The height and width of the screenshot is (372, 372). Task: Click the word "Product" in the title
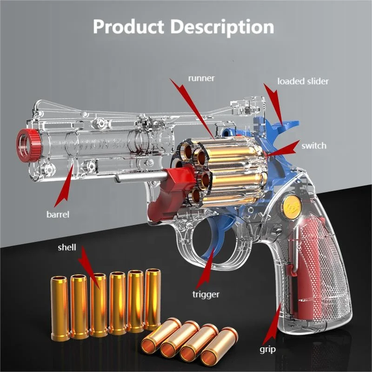click(x=127, y=26)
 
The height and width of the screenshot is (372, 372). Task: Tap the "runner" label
click(x=201, y=78)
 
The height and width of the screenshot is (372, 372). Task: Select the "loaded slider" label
click(x=303, y=81)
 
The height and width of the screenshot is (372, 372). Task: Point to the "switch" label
click(x=313, y=146)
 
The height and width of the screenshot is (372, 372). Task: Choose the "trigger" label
click(x=206, y=293)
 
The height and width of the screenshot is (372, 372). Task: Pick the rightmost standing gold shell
click(x=153, y=299)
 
